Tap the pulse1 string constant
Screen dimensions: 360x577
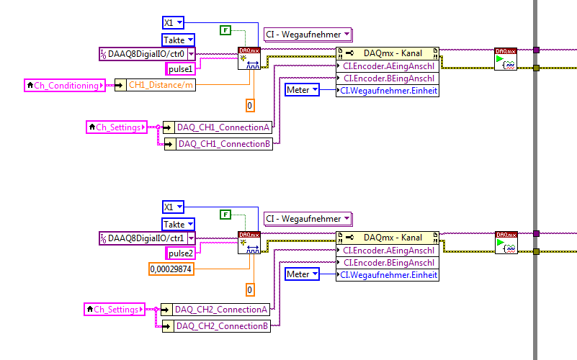click(x=180, y=69)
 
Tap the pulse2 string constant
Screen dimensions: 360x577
click(x=180, y=253)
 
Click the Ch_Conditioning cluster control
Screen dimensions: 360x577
click(x=63, y=86)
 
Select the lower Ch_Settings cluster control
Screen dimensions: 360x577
click(x=114, y=310)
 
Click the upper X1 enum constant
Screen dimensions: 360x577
click(x=174, y=22)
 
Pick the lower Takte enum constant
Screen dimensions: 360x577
click(x=178, y=224)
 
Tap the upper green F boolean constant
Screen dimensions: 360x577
click(x=225, y=30)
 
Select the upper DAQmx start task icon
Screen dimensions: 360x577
click(x=506, y=59)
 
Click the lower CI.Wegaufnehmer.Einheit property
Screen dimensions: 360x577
click(x=389, y=275)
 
